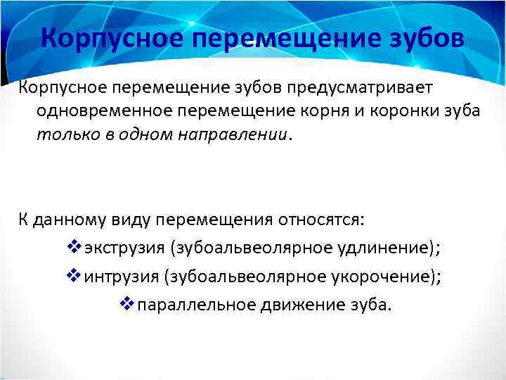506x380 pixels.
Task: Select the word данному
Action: coord(69,219)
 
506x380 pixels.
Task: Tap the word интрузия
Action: coord(121,276)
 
